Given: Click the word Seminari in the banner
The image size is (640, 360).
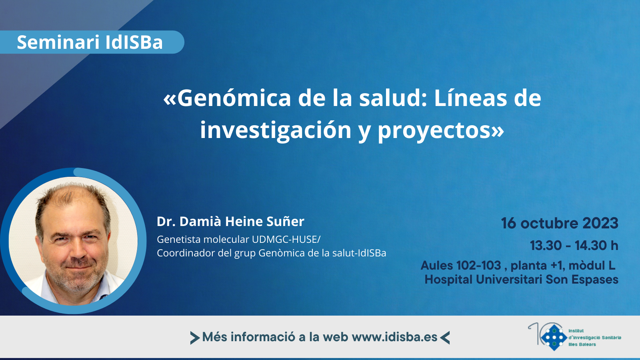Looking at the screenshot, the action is tap(58, 42).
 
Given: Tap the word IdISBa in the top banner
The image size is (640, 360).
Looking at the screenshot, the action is tap(134, 42).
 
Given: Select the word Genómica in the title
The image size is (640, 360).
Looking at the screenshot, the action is tap(234, 98).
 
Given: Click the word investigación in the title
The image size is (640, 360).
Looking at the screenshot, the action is tap(276, 130).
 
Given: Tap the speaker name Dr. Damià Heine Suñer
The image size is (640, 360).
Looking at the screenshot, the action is tap(230, 222).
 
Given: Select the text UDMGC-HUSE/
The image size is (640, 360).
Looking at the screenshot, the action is tap(286, 240).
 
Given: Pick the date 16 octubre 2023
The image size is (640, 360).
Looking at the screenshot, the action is tap(560, 223).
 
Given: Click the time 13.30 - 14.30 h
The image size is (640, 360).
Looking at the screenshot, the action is tap(574, 246).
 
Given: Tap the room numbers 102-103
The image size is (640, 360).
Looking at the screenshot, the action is tap(478, 266).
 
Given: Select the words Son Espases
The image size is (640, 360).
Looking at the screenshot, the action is tap(582, 280).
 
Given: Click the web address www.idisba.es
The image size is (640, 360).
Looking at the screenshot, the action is tap(394, 337).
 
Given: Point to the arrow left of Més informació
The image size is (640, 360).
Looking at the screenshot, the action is tap(195, 338).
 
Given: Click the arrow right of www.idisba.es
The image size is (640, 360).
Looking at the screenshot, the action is tap(445, 338).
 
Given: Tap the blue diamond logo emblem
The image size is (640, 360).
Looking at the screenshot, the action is tap(554, 338).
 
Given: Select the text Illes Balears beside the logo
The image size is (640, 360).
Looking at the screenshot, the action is tap(582, 344).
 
